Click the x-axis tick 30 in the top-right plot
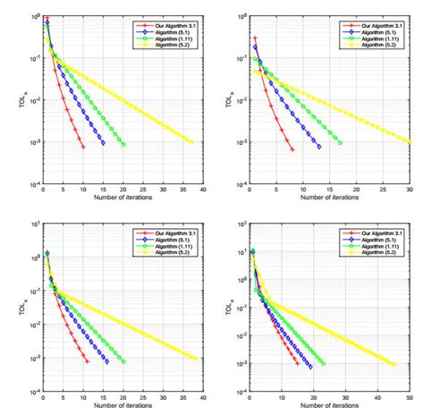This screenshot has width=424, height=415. point(410,190)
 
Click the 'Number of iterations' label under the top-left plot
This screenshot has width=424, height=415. point(123,198)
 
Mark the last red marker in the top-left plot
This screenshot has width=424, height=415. point(83,147)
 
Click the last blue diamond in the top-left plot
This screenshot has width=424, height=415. point(103,143)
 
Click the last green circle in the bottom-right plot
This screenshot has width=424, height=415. point(323,363)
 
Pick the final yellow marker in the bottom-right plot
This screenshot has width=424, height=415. point(394,364)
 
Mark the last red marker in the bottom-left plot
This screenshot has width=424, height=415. point(87,361)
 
